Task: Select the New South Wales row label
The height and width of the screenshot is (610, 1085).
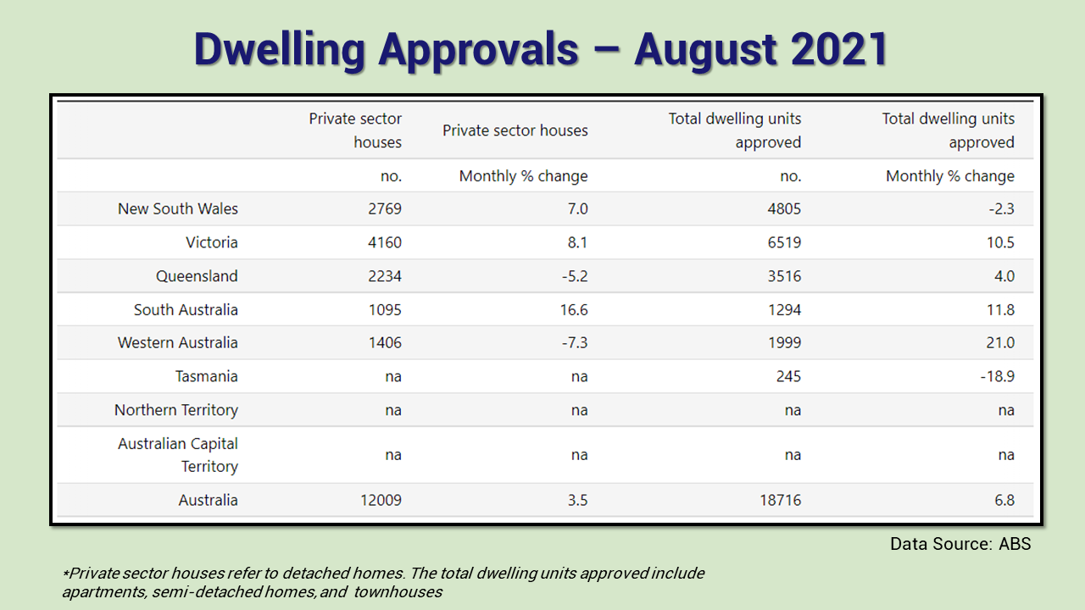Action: (178, 208)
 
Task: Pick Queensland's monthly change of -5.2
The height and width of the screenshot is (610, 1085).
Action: (570, 276)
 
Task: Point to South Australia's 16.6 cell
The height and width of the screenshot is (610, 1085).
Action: (570, 309)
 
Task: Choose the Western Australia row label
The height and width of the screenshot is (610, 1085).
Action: (178, 343)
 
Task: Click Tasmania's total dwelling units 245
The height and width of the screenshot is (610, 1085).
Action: (787, 376)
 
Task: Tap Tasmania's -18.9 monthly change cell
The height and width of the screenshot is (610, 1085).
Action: (997, 376)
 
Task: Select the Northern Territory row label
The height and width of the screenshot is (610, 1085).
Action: (176, 410)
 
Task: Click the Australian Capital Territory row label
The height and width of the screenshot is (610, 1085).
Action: (178, 455)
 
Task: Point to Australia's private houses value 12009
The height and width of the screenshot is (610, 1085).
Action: (380, 500)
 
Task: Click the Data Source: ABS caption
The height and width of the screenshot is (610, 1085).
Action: (960, 544)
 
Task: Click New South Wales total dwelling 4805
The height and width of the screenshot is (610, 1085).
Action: (783, 208)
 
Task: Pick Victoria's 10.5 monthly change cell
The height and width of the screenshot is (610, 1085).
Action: (999, 242)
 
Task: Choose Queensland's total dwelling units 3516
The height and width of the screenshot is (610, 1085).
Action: (783, 276)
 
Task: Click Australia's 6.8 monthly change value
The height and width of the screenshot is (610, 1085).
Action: (1004, 500)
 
